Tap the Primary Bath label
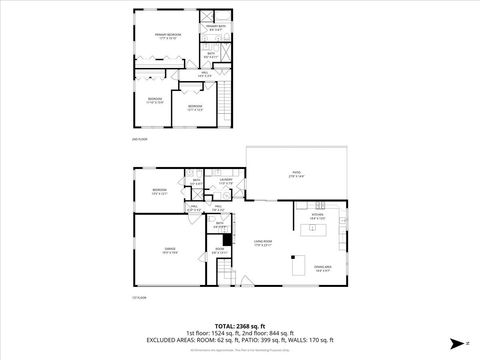(210, 29)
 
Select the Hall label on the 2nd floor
(204, 72)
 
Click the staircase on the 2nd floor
(226, 100)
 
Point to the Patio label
(296, 174)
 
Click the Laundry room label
(226, 181)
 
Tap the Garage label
(171, 251)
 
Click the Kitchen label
(318, 214)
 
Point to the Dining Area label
(323, 267)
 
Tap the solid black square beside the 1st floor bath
(227, 267)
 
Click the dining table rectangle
(297, 265)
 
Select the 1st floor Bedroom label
(159, 191)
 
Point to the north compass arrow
(453, 341)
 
